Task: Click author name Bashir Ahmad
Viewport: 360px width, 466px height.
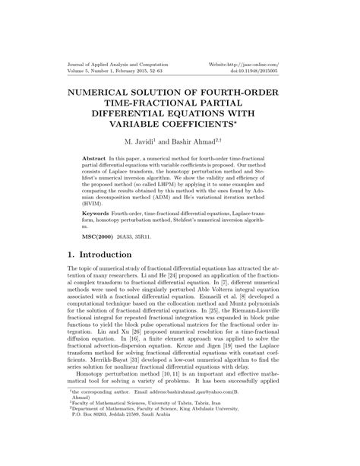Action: pos(198,142)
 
